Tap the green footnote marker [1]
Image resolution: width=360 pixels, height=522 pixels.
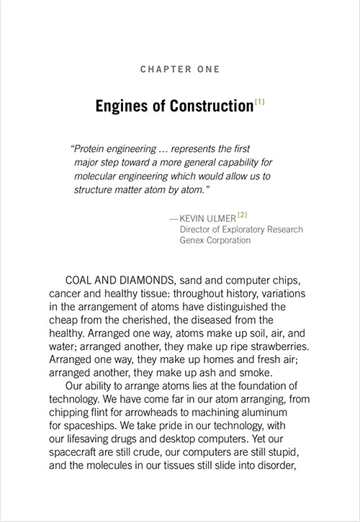(260, 102)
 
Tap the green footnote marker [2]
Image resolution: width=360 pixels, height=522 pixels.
(243, 215)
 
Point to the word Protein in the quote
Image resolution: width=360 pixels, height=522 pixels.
(94, 149)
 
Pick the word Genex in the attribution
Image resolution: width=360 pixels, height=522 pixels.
(193, 240)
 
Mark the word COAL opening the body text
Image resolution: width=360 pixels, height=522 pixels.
(81, 279)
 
